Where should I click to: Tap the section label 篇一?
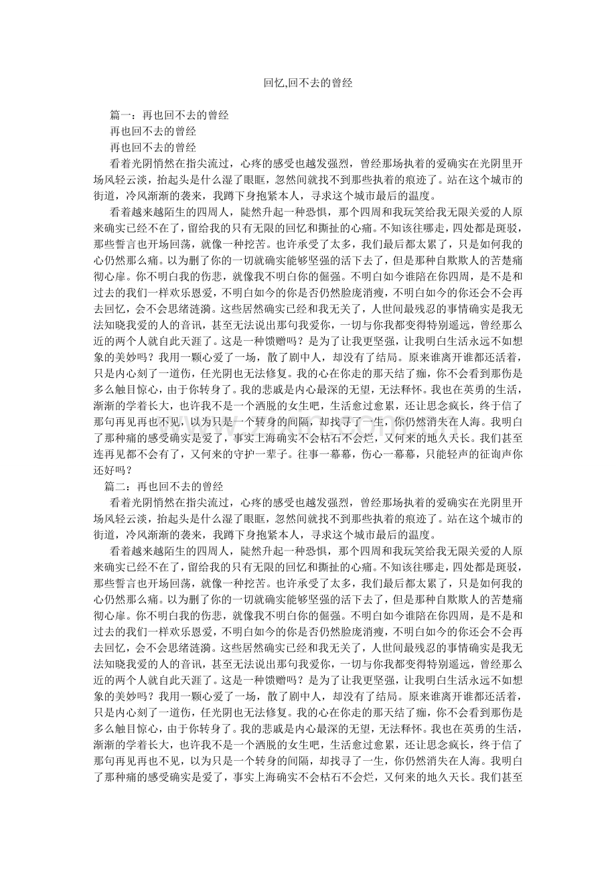tap(120, 116)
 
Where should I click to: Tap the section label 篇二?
tap(114, 486)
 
